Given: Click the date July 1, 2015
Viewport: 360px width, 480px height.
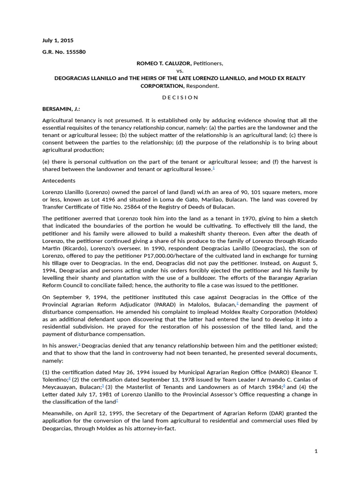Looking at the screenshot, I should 58,40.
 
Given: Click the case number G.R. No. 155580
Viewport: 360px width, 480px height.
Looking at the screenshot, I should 64,52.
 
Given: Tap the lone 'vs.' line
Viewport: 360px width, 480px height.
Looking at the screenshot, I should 180,70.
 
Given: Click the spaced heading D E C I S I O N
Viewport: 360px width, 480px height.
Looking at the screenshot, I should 180,97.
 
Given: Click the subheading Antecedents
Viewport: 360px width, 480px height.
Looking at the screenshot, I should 59,180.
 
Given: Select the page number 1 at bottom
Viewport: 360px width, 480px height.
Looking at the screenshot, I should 316,451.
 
